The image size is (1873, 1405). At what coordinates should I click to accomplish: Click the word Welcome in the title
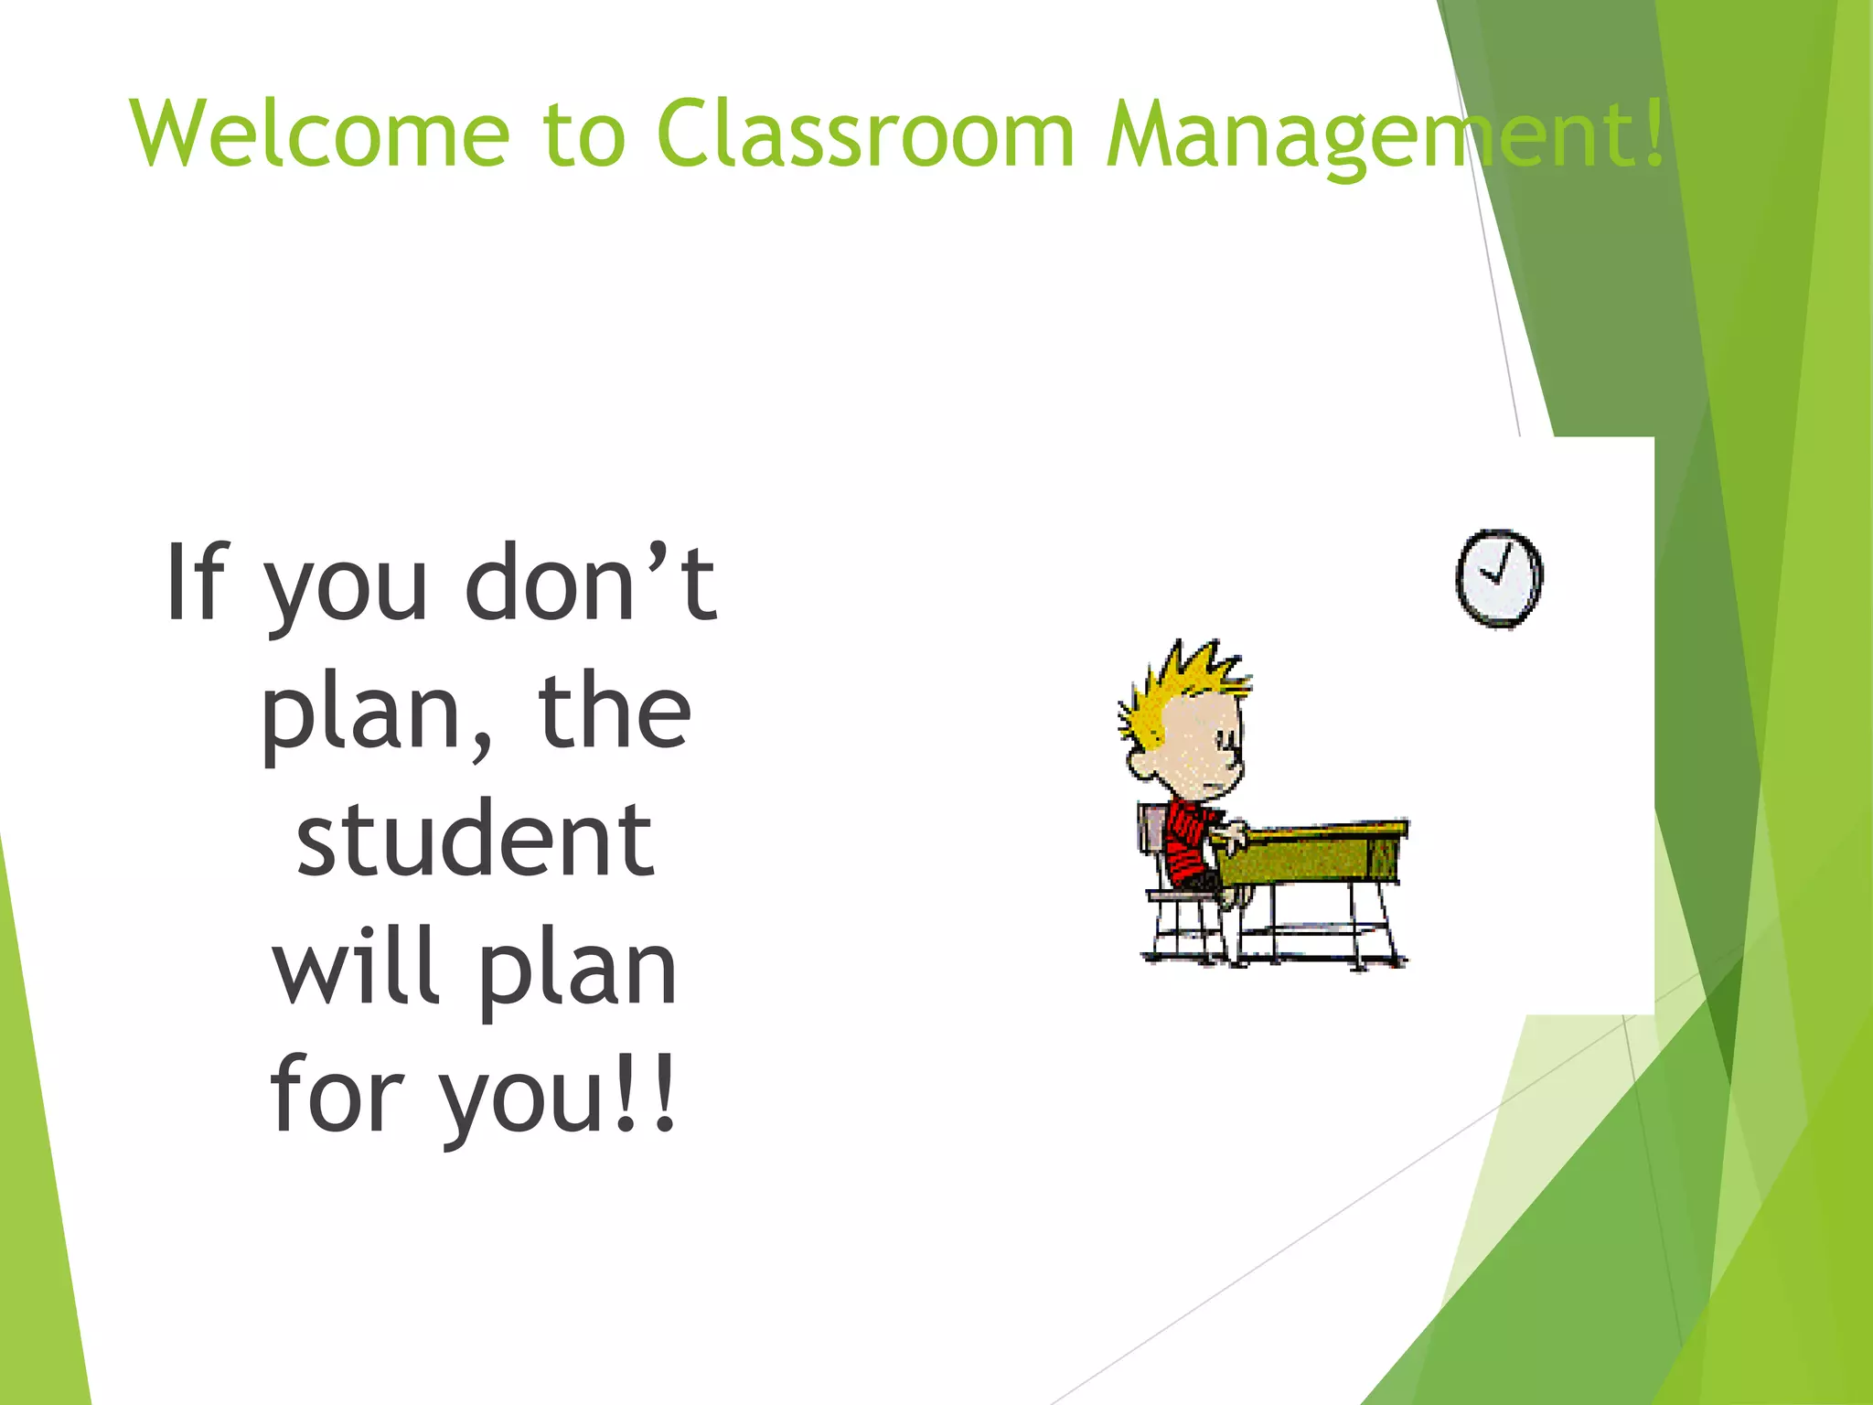click(x=320, y=134)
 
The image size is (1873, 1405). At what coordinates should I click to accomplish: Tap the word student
click(x=475, y=839)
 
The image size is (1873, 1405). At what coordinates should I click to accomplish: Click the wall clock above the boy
click(x=1499, y=578)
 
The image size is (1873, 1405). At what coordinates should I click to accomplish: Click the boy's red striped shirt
click(x=1189, y=842)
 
